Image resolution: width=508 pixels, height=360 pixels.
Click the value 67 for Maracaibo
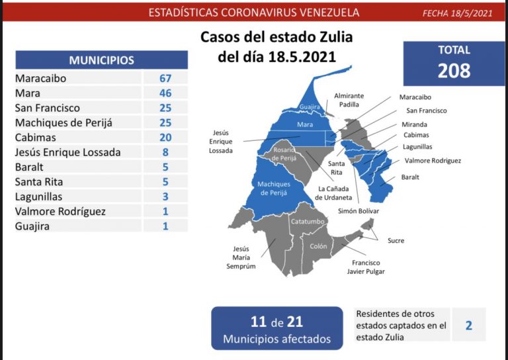[165, 78]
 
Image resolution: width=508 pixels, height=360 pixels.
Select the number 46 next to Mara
[165, 93]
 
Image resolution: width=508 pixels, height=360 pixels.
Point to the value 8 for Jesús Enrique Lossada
[165, 152]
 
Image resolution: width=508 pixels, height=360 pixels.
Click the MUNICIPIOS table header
[101, 60]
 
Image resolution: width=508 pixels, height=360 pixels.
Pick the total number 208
[454, 71]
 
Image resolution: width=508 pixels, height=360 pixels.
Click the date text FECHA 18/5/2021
[458, 13]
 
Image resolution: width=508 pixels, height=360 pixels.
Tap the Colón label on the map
[318, 246]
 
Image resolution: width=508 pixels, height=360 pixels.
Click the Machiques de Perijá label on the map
[274, 189]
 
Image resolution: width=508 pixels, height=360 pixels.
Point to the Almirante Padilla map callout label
[349, 101]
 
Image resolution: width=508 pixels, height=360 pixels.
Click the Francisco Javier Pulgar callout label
[366, 267]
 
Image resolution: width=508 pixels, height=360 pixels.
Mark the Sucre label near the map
[396, 241]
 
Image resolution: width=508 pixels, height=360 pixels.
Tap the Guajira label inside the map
[310, 105]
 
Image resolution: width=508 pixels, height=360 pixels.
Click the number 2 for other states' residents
[468, 325]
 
